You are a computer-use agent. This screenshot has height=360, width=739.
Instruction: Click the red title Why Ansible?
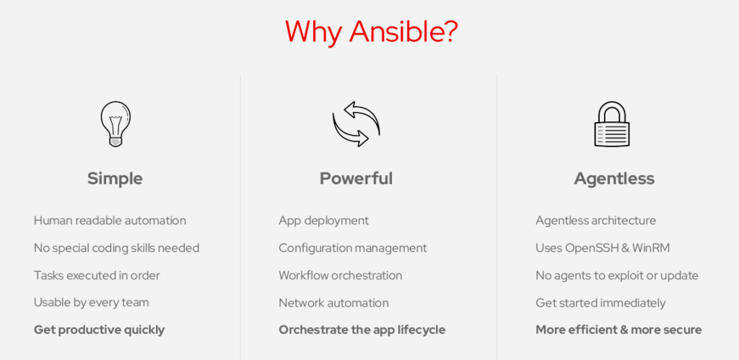[372, 32]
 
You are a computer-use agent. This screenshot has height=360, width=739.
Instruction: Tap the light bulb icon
[115, 124]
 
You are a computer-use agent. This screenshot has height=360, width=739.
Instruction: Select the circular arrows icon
[356, 124]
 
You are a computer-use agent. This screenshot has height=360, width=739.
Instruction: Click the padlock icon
[612, 124]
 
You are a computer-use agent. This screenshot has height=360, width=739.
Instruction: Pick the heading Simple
[115, 179]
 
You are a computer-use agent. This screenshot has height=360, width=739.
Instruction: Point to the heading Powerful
[356, 179]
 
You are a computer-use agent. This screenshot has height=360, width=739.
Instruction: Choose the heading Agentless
[614, 179]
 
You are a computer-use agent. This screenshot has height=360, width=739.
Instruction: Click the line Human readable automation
[110, 220]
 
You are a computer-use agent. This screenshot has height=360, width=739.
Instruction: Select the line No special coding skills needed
[116, 248]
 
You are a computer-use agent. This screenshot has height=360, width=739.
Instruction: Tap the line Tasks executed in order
[97, 275]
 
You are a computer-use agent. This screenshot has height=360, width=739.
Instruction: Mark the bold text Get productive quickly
[99, 330]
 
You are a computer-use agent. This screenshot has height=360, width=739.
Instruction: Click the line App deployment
[324, 221]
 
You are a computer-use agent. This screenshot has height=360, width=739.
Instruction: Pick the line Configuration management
[353, 248]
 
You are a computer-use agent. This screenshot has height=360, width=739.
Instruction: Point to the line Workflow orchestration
[341, 275]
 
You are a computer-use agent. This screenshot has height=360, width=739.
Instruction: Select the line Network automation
[333, 302]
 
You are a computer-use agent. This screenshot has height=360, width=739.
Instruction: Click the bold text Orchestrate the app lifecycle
[362, 330]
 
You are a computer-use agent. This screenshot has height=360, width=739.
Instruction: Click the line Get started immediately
[601, 303]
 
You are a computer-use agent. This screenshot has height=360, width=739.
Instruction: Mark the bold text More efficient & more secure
[618, 330]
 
